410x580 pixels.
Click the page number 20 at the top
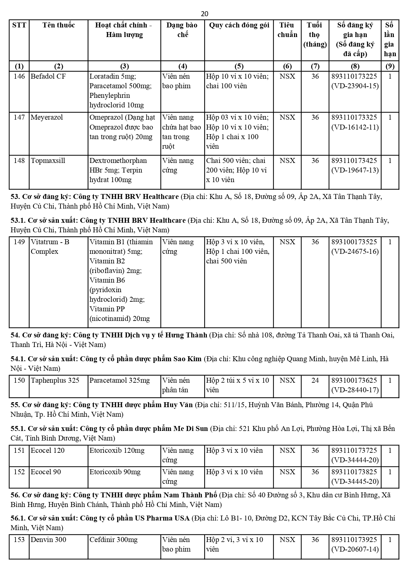(x=205, y=14)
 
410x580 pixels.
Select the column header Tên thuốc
(x=58, y=25)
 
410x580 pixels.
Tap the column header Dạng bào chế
(x=182, y=30)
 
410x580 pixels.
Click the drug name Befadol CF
(x=48, y=76)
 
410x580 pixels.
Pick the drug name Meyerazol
(x=47, y=117)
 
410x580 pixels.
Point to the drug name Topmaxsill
(x=48, y=161)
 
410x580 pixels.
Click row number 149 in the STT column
(x=19, y=242)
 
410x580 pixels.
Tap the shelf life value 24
(x=315, y=380)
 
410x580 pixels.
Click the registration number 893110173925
(x=354, y=540)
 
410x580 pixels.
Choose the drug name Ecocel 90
(x=46, y=472)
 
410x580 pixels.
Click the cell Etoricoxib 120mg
(x=117, y=450)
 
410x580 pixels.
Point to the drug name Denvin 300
(x=48, y=540)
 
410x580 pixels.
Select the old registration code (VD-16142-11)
(x=355, y=127)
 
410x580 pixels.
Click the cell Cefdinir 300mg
(x=113, y=540)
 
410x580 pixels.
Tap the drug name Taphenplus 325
(x=55, y=380)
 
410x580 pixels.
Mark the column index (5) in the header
(x=239, y=66)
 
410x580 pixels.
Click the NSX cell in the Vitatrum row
(x=287, y=242)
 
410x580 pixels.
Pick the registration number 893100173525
(x=354, y=242)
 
